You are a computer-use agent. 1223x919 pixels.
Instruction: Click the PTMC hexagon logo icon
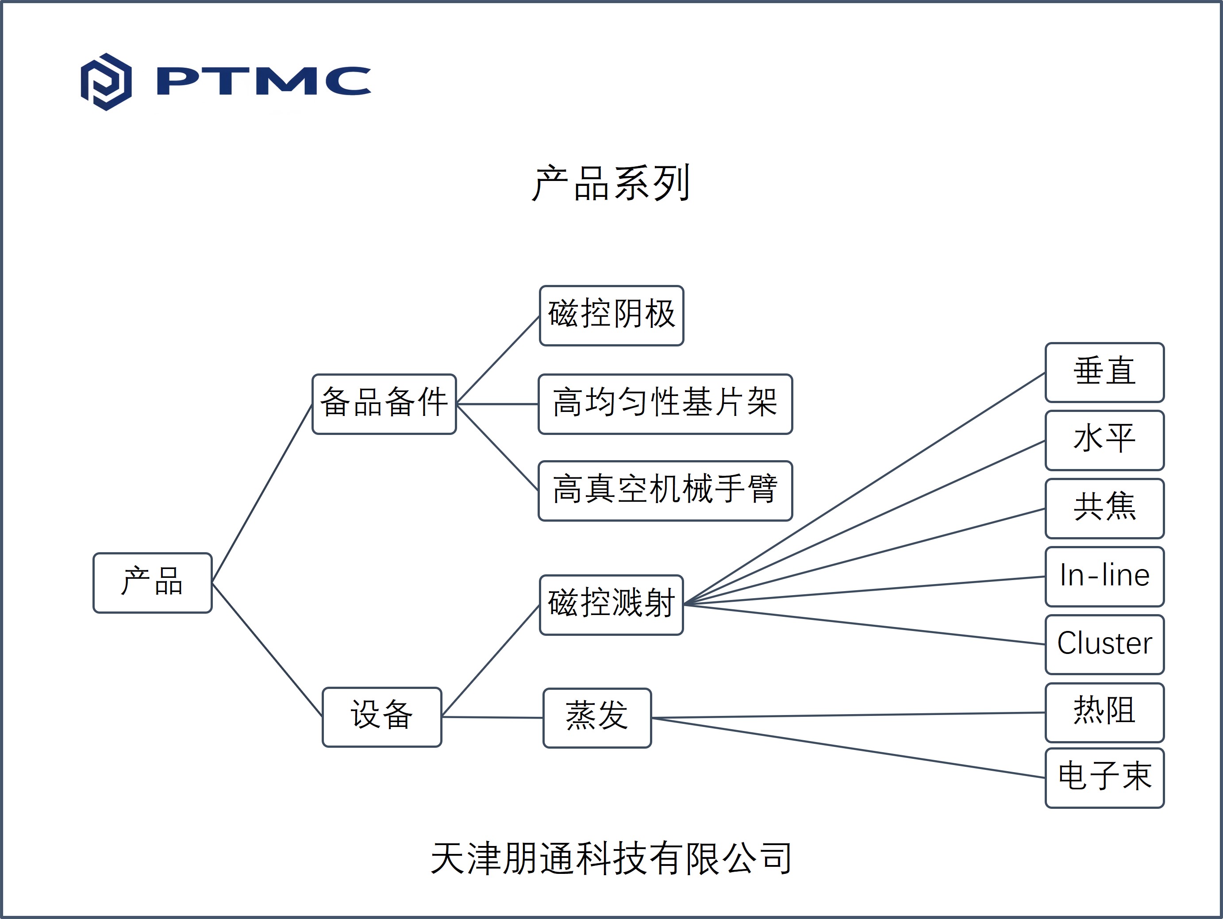106,82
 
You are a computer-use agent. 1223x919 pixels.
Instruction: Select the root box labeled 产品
153,583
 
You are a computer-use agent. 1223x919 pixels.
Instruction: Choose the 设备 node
382,717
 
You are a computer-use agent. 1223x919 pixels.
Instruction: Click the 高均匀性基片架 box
665,404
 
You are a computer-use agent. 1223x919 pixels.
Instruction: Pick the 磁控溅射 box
611,605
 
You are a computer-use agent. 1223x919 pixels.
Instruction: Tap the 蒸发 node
597,718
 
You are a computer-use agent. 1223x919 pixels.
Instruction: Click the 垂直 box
1105,373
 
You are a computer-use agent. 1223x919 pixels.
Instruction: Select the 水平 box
1105,441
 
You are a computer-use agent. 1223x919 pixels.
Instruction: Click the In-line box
1105,577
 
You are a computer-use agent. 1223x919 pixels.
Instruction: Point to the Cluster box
1105,645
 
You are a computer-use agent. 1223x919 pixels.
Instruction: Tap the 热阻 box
1105,713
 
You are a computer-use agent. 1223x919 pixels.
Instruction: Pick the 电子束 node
1105,778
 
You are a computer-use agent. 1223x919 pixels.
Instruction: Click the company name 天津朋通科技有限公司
611,859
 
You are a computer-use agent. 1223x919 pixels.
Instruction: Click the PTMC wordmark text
264,81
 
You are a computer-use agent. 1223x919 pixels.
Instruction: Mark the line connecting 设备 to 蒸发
492,717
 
